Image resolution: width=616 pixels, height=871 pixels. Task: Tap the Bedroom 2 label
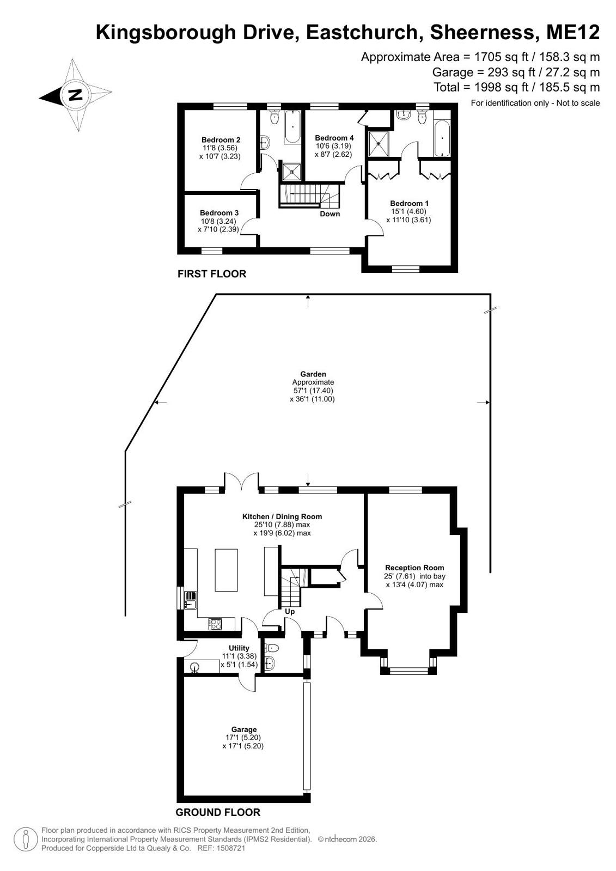[x=221, y=140]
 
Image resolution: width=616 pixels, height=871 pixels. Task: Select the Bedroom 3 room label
[x=219, y=212]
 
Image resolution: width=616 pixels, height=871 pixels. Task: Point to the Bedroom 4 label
[x=334, y=138]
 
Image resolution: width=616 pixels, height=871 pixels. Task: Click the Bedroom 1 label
[x=409, y=203]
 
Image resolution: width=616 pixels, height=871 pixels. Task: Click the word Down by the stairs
[x=330, y=214]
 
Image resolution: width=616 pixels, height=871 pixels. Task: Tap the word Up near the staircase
[x=290, y=611]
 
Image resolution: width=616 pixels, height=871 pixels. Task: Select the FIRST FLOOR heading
[x=212, y=274]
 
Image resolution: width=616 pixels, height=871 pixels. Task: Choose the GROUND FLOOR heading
[x=218, y=812]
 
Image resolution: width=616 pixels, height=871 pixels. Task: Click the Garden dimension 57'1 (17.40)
[x=313, y=391]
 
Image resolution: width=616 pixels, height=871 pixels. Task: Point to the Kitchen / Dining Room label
[x=282, y=516]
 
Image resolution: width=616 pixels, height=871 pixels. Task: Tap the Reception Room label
[x=414, y=568]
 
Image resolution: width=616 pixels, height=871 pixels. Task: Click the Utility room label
[x=239, y=648]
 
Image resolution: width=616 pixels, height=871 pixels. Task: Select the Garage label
[x=244, y=729]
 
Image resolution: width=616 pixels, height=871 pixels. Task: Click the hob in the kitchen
[x=215, y=624]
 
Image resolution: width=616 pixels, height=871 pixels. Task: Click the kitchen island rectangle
[x=227, y=570]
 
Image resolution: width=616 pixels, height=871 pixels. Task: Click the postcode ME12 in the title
[x=573, y=33]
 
